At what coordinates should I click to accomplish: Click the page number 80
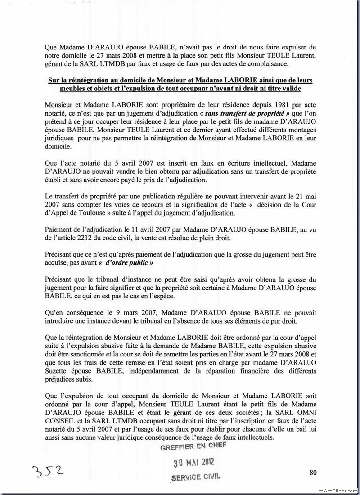pyautogui.click(x=314, y=472)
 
